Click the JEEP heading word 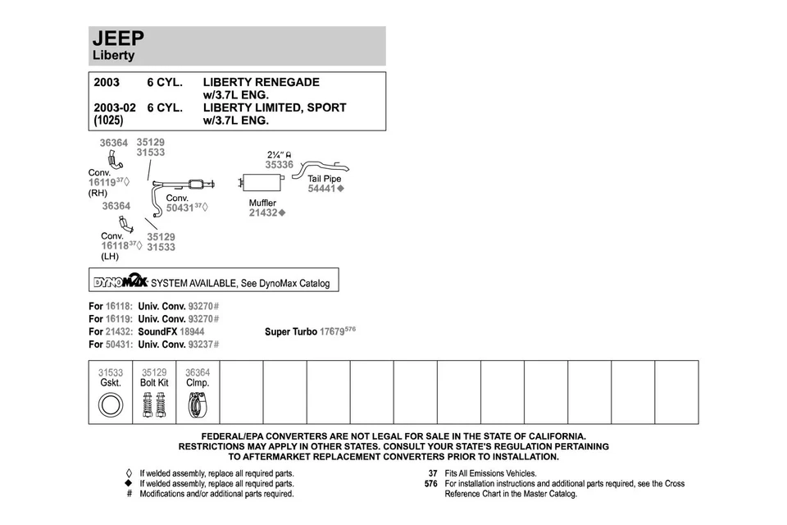click(x=120, y=39)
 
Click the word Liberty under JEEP click(x=113, y=56)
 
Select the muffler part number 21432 click(x=264, y=213)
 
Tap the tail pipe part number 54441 click(x=322, y=189)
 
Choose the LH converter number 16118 click(x=116, y=245)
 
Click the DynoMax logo click(x=120, y=281)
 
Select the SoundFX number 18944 click(x=192, y=332)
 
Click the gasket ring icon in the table click(x=110, y=404)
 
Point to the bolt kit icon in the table click(x=154, y=404)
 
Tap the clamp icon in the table click(x=198, y=404)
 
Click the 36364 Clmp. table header click(x=198, y=377)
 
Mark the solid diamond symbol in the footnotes click(x=129, y=484)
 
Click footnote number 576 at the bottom click(x=430, y=484)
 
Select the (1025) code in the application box click(x=108, y=121)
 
